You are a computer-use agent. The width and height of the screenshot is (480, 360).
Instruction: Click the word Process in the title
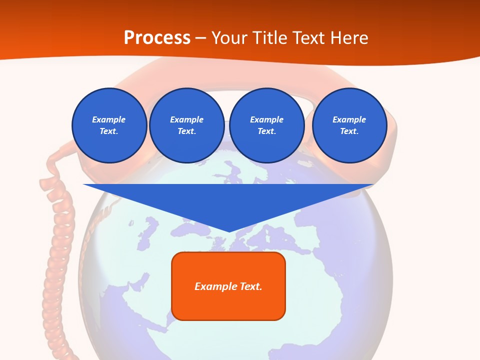(157, 38)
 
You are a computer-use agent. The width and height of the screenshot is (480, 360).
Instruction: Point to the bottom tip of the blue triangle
(229, 231)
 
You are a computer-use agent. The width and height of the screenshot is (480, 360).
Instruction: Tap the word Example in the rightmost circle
(349, 119)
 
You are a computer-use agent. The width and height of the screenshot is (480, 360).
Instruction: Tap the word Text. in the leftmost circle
(109, 131)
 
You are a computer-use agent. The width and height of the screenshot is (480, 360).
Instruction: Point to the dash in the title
(200, 38)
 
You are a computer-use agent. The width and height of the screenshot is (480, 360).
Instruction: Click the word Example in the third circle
(266, 119)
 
